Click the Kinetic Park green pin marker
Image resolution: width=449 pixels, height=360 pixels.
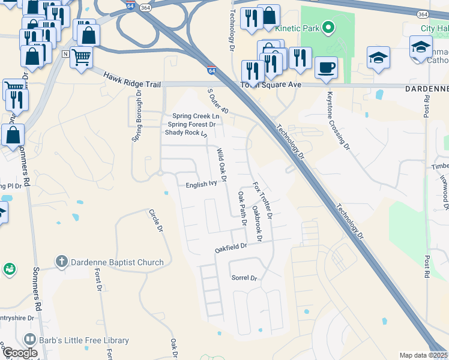click(328, 28)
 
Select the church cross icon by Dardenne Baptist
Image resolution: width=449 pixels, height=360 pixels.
click(61, 262)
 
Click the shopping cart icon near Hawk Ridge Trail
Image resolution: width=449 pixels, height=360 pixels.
click(81, 57)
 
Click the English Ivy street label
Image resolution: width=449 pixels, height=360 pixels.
click(200, 185)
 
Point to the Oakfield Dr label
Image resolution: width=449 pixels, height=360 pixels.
click(231, 247)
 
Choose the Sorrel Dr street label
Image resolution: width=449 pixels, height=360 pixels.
click(244, 278)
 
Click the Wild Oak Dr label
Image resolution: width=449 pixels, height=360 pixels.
click(221, 165)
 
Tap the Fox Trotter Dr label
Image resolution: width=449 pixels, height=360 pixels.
click(263, 200)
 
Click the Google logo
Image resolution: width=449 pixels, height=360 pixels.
click(20, 353)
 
